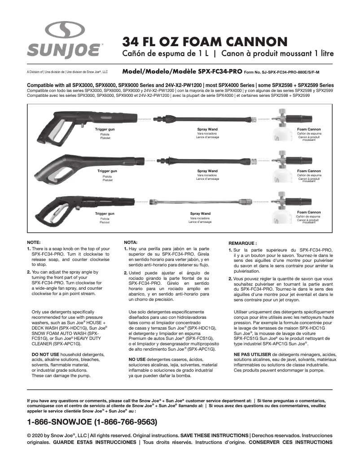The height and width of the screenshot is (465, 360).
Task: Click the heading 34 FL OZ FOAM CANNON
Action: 205,42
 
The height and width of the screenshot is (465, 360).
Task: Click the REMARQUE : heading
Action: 242,243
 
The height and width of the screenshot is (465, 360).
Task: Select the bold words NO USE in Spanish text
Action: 137,359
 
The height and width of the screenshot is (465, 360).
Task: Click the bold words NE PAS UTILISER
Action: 252,354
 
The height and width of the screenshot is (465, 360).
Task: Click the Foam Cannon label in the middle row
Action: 309,171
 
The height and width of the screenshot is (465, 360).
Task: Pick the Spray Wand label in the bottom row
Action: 200,213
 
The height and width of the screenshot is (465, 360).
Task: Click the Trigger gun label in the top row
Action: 105,129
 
